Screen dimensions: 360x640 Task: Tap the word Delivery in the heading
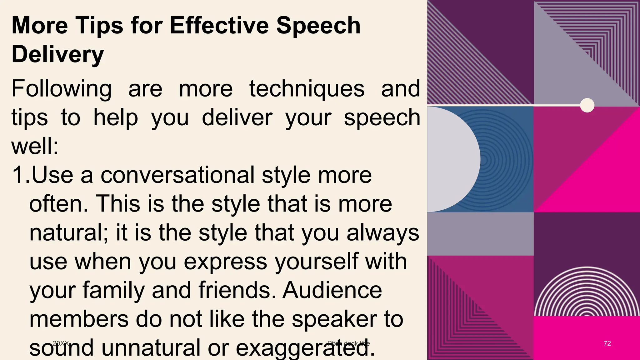click(x=57, y=54)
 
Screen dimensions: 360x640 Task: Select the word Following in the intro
click(x=62, y=89)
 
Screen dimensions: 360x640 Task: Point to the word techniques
click(x=307, y=89)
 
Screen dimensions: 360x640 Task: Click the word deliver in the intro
click(x=237, y=118)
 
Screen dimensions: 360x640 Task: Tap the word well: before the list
click(x=35, y=146)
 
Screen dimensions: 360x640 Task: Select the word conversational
click(x=177, y=175)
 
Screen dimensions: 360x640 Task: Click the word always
click(x=383, y=233)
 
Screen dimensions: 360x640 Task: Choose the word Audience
click(x=332, y=290)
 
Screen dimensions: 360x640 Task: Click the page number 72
click(x=607, y=343)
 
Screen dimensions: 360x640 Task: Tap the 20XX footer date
click(x=61, y=343)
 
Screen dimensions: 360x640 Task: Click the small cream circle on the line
click(x=587, y=105)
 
